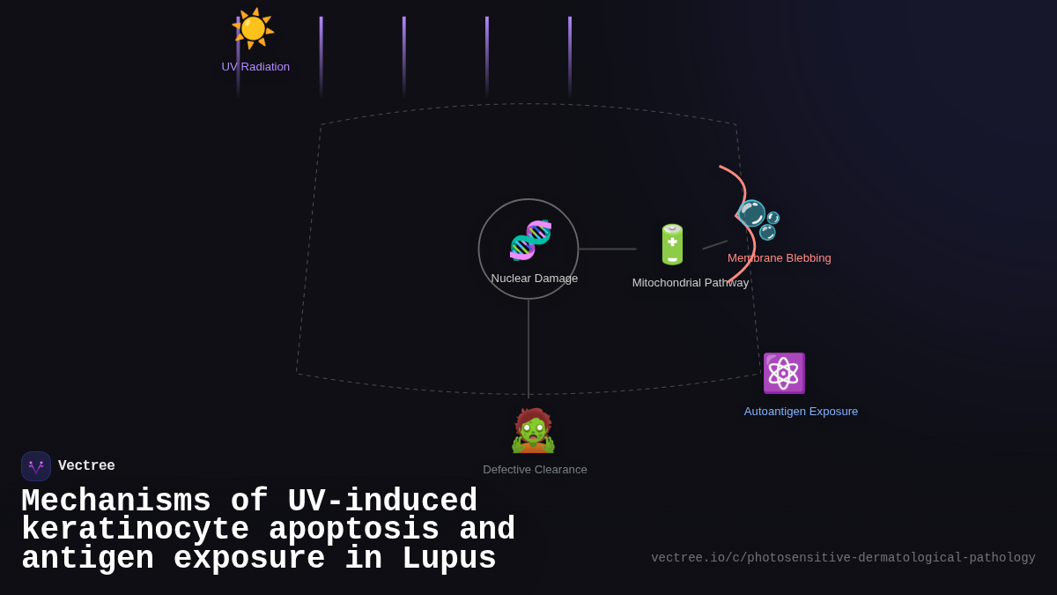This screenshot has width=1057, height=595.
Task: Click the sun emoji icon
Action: pos(253,28)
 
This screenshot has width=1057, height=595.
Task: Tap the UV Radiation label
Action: pos(255,67)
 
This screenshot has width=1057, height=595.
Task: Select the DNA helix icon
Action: pos(530,240)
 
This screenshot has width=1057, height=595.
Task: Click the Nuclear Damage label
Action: pos(534,279)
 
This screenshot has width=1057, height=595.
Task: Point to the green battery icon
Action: pos(672,244)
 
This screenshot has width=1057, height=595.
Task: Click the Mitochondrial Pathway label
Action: pos(690,283)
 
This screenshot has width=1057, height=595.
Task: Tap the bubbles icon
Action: pos(758,219)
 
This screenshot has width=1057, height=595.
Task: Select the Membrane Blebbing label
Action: pos(779,258)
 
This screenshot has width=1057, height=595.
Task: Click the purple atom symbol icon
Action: pos(783,373)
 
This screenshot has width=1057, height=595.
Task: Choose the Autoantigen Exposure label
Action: pos(801,412)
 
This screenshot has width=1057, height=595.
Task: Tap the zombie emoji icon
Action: pos(533,431)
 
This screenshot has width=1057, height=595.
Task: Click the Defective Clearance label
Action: pos(535,470)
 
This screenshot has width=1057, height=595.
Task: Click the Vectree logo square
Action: pos(36,466)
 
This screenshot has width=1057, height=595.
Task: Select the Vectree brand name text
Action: pos(86,466)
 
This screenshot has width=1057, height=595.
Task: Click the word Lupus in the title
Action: pos(448,560)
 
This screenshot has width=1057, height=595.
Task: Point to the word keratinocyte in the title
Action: pos(135,531)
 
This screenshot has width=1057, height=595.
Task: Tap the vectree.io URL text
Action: pos(843,558)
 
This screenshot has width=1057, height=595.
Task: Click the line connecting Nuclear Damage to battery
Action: pos(607,249)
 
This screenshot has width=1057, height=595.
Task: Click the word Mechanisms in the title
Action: pos(115,502)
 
